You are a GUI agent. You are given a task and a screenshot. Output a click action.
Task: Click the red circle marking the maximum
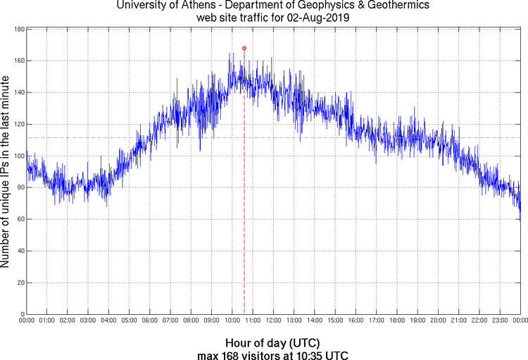pos(244,48)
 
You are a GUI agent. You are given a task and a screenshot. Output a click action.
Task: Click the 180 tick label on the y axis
pos(19,30)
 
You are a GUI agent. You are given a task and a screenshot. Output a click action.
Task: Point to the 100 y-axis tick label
pos(19,156)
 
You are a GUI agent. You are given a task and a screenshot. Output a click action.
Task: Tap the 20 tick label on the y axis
pos(21,283)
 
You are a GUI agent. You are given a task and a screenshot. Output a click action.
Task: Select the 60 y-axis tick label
pos(21,219)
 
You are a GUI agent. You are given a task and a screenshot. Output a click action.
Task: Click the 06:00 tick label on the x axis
pos(150,321)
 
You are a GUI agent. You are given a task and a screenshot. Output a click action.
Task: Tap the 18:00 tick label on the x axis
pos(397,321)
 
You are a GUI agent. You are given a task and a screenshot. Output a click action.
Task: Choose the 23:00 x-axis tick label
pos(500,321)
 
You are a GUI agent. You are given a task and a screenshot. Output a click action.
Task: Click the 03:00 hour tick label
pos(88,321)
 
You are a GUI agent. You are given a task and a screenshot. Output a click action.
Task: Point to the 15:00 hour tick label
pos(335,321)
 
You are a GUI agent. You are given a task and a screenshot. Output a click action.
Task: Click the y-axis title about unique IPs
pos(6,173)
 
